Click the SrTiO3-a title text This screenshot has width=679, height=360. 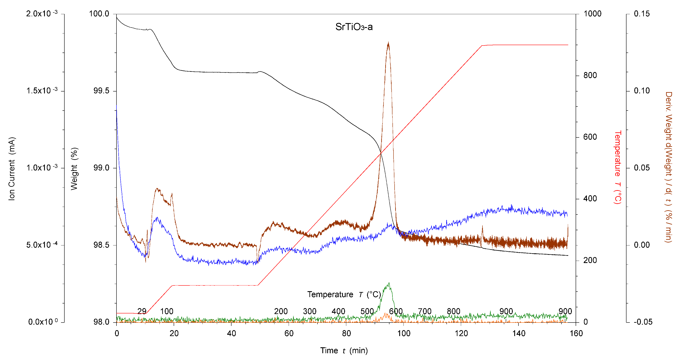pyautogui.click(x=354, y=27)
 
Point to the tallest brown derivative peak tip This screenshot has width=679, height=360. pyautogui.click(x=388, y=43)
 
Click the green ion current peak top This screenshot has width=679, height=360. pyautogui.click(x=389, y=284)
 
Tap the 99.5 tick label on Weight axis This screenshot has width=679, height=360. pyautogui.click(x=101, y=91)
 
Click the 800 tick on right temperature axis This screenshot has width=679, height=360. pyautogui.click(x=590, y=75)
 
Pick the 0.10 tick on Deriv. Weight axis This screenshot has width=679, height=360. pyautogui.click(x=642, y=91)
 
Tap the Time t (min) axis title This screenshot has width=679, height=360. pyautogui.click(x=344, y=350)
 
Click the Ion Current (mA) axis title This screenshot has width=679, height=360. pyautogui.click(x=12, y=169)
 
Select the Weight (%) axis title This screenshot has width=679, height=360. pyautogui.click(x=74, y=169)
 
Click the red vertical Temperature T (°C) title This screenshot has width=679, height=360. pyautogui.click(x=618, y=167)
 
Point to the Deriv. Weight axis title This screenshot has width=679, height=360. pyautogui.click(x=668, y=167)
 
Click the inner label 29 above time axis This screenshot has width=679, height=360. pyautogui.click(x=142, y=311)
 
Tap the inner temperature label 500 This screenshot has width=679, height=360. pyautogui.click(x=367, y=311)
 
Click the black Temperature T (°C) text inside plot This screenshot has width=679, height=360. pyautogui.click(x=344, y=294)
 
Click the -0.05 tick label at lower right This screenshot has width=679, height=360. pyautogui.click(x=643, y=322)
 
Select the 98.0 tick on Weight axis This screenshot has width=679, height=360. pyautogui.click(x=101, y=322)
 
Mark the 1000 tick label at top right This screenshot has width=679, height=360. pyautogui.click(x=592, y=14)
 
